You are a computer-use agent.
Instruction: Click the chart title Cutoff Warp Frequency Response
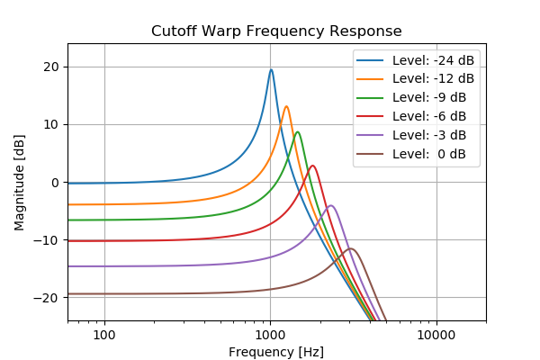click(276, 31)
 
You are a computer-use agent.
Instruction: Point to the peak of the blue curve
click(271, 69)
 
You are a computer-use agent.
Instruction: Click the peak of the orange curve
click(286, 106)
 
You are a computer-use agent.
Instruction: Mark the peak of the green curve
click(297, 132)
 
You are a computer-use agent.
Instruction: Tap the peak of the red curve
click(312, 166)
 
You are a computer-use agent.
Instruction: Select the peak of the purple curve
click(331, 205)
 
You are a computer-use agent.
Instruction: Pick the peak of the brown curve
click(350, 248)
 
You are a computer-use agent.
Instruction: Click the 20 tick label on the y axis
click(50, 67)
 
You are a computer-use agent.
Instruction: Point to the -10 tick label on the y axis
click(47, 240)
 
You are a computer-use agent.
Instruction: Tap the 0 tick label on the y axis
click(54, 183)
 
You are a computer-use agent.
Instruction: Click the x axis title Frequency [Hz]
click(276, 352)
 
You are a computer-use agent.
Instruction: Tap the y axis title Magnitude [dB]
click(19, 183)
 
